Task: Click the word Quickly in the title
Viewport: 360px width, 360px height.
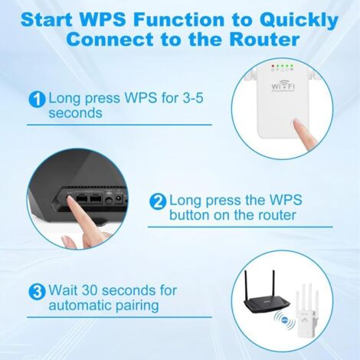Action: click(299, 21)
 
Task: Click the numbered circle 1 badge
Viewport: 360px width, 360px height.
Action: click(37, 100)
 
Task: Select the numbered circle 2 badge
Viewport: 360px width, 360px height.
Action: click(158, 201)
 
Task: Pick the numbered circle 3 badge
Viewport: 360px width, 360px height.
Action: click(37, 292)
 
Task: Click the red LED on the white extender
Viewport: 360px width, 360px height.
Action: click(273, 66)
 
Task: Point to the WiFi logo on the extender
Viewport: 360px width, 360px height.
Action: click(283, 86)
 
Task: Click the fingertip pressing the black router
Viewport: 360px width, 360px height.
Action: click(71, 200)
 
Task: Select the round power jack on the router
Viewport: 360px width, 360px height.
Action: click(118, 199)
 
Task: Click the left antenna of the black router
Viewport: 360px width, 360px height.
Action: click(247, 285)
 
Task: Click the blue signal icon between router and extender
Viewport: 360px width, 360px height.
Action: click(284, 319)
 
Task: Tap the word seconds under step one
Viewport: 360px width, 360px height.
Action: click(75, 113)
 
